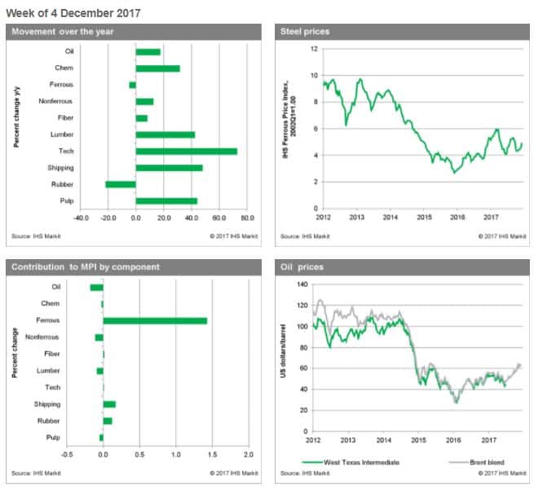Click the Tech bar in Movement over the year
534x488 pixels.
(186, 152)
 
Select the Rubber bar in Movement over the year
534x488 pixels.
(121, 184)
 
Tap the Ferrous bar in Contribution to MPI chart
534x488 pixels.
(155, 321)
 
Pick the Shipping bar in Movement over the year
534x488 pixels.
(169, 168)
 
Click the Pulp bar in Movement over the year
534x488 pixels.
(166, 201)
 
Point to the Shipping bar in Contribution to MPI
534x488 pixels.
(109, 404)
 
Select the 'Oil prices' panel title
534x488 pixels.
(300, 266)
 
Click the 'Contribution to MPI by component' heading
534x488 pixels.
(86, 266)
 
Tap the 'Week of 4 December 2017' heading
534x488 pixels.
(73, 13)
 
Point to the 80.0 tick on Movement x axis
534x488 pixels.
(247, 218)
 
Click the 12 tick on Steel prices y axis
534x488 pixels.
(311, 49)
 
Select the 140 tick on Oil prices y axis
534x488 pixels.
(305, 285)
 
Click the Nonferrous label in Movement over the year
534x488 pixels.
(55, 101)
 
